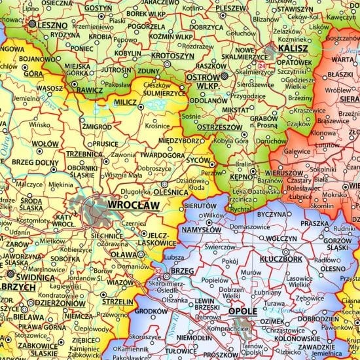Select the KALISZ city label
(292, 49)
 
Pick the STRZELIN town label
(118, 302)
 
